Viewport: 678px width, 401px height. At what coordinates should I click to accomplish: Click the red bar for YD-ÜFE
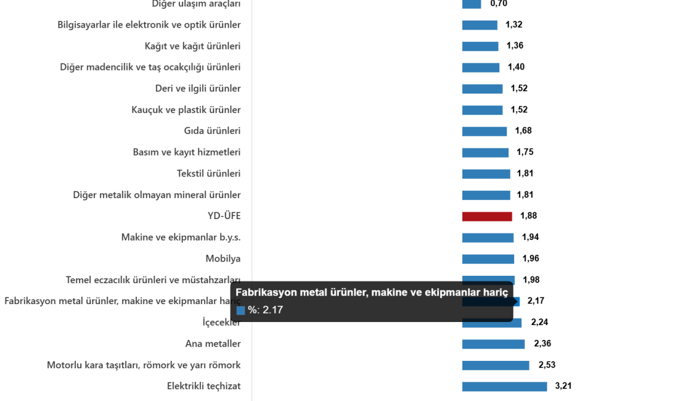point(487,217)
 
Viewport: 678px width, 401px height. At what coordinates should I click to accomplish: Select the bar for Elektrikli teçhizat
point(504,386)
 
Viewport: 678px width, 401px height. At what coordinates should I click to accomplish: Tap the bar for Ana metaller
point(493,344)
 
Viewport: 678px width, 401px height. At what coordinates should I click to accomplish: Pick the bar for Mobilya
point(488,259)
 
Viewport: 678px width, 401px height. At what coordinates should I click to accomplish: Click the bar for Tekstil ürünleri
point(486,174)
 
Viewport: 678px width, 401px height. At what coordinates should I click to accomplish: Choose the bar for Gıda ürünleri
point(484,131)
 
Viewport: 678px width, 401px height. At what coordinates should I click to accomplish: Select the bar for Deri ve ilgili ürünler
point(482,89)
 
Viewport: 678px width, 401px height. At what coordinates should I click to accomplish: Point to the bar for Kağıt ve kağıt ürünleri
point(480,46)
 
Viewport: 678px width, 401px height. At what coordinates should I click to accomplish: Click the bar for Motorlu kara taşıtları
point(496,365)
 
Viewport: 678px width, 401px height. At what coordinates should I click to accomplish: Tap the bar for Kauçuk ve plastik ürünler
point(482,110)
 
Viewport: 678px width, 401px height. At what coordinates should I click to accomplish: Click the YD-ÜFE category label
point(224,216)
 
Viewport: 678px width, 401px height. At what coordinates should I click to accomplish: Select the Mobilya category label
point(223,258)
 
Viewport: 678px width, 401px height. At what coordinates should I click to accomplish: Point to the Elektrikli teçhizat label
point(203,386)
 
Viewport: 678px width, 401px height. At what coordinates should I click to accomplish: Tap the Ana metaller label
point(213,344)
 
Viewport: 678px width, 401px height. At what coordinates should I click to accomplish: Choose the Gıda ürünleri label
point(212,131)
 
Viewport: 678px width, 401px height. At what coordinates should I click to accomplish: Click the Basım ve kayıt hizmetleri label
point(187,152)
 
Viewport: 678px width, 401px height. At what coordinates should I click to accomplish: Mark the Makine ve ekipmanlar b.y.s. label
point(181,237)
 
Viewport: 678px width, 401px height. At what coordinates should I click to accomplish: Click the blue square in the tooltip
point(240,310)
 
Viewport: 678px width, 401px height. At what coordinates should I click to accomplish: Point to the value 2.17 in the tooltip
point(272,310)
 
